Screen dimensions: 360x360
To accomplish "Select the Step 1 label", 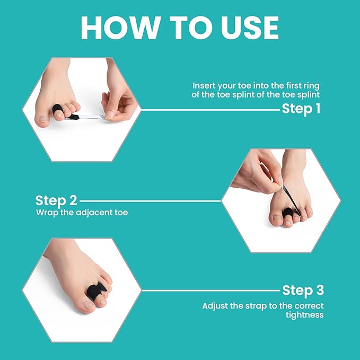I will pyautogui.click(x=301, y=109).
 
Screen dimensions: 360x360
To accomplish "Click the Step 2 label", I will pyautogui.click(x=56, y=200).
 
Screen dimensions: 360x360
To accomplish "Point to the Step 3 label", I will pyautogui.click(x=303, y=290).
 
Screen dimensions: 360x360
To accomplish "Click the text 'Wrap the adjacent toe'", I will pyautogui.click(x=82, y=213).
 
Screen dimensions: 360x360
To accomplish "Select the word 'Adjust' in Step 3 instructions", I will pyautogui.click(x=215, y=306).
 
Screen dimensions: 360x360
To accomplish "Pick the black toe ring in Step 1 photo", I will pyautogui.click(x=58, y=111).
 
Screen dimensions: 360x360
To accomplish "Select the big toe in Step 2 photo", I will pyautogui.click(x=277, y=217).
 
